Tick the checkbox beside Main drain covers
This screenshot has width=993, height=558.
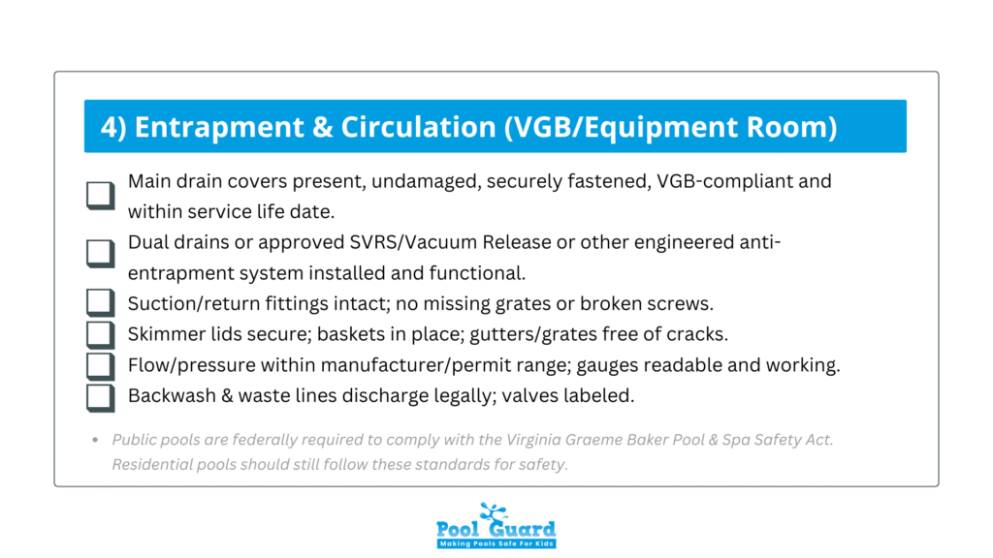(101, 196)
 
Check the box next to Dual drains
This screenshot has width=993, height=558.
(101, 253)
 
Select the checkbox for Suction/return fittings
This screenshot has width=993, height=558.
(101, 303)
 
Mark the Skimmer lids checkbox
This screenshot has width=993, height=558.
(101, 334)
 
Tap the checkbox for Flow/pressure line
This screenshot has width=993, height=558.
(101, 366)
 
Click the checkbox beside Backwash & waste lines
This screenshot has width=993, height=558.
(101, 398)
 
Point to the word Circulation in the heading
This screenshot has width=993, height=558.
(419, 127)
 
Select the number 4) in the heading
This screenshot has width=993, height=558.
(114, 127)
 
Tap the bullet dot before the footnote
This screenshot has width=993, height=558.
(95, 440)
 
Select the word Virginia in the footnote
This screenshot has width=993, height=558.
(533, 440)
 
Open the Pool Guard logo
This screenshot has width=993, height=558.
(496, 525)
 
